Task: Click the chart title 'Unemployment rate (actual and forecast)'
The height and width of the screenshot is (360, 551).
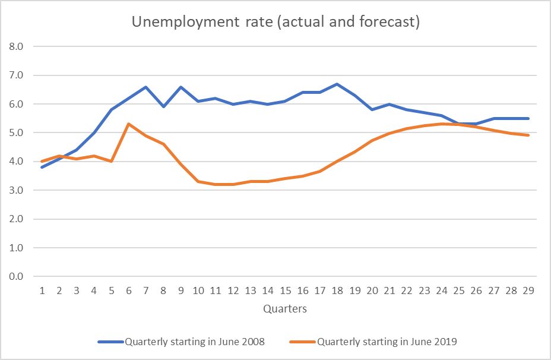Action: pos(275,23)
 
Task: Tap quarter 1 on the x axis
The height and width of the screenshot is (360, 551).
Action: pos(42,291)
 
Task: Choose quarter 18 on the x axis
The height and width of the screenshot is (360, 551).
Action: pos(337,291)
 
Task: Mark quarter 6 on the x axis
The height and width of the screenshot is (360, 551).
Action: pos(129,291)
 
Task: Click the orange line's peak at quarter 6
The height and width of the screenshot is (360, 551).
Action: pos(129,124)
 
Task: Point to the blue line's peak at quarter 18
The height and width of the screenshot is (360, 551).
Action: pos(337,84)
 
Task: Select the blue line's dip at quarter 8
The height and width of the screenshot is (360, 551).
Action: pos(164,107)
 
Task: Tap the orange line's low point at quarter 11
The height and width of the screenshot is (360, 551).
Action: pos(216,184)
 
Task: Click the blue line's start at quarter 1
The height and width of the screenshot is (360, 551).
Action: pos(42,167)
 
